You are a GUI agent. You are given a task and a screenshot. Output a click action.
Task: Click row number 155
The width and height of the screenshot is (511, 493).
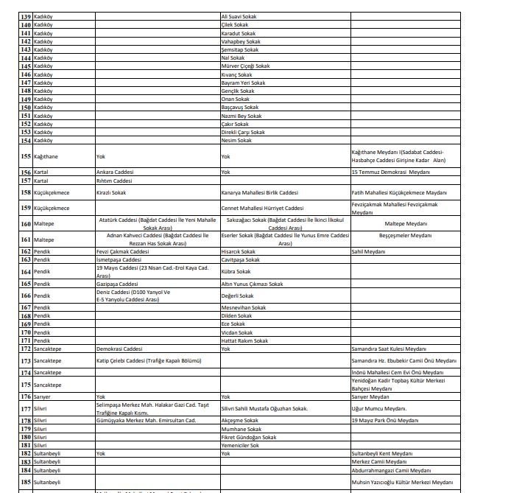(x=26, y=157)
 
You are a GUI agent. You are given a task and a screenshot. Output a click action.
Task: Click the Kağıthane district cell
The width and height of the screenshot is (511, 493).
(x=46, y=157)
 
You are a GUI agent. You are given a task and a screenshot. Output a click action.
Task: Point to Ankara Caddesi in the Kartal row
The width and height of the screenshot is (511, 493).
(x=115, y=172)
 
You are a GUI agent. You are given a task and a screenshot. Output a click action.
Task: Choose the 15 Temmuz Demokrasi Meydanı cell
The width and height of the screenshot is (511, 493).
(x=390, y=172)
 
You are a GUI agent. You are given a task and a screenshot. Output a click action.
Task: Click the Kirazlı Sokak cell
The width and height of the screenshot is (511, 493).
(x=111, y=193)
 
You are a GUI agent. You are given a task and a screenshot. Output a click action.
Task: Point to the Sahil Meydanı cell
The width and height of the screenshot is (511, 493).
(x=368, y=251)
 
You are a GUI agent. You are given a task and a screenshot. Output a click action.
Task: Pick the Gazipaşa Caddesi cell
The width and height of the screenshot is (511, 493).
(x=117, y=284)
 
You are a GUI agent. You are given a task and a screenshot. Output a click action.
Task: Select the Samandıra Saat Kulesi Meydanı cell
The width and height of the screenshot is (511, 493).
(x=388, y=349)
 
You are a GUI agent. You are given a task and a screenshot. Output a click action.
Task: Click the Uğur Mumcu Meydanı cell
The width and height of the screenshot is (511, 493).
(x=378, y=408)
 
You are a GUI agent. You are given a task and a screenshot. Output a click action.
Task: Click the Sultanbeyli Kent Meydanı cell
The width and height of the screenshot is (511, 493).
(x=381, y=453)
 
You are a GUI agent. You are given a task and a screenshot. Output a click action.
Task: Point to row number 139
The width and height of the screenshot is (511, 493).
(x=26, y=16)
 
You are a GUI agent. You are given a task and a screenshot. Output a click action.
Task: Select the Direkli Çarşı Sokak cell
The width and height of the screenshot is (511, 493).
(x=243, y=133)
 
